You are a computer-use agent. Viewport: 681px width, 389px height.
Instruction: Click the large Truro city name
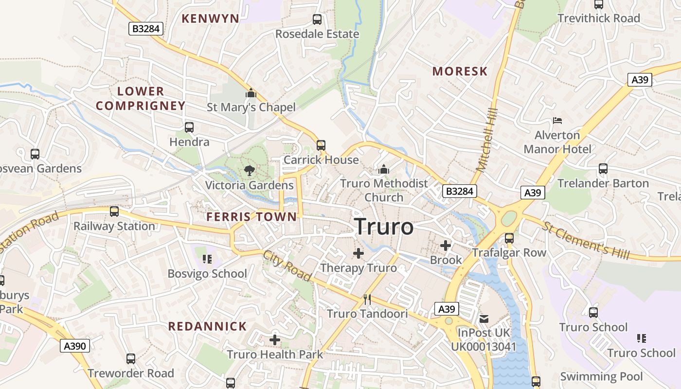[x=384, y=227]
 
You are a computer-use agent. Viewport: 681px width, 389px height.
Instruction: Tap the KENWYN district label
[x=210, y=19]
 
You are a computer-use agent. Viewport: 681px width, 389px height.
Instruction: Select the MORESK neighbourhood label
[x=460, y=71]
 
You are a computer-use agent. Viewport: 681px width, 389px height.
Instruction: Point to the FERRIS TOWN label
[x=251, y=217]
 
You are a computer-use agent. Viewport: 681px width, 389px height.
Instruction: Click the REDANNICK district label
[x=208, y=326]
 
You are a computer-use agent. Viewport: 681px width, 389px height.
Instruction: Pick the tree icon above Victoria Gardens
[x=250, y=171]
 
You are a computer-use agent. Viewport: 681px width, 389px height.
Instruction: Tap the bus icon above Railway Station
[x=114, y=212]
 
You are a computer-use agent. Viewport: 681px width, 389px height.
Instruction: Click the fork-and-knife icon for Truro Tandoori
[x=367, y=300]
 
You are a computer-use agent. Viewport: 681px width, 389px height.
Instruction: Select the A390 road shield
[x=75, y=346]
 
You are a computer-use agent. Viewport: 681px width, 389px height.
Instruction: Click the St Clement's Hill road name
[x=586, y=241]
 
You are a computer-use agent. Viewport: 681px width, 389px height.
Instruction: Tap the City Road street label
[x=287, y=266]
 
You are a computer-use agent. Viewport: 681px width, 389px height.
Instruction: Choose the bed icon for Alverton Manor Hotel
[x=557, y=120]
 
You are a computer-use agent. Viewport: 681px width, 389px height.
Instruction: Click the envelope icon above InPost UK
[x=484, y=319]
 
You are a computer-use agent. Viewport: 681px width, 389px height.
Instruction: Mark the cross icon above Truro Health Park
[x=275, y=340]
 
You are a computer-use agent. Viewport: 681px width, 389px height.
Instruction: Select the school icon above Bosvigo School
[x=207, y=259]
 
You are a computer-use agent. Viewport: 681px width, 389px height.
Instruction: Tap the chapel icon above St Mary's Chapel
[x=251, y=92]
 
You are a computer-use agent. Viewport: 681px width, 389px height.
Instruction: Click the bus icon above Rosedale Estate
[x=317, y=19]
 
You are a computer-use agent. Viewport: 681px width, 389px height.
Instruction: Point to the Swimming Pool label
[x=601, y=376]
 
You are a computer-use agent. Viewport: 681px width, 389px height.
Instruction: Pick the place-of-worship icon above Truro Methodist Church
[x=384, y=169]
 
